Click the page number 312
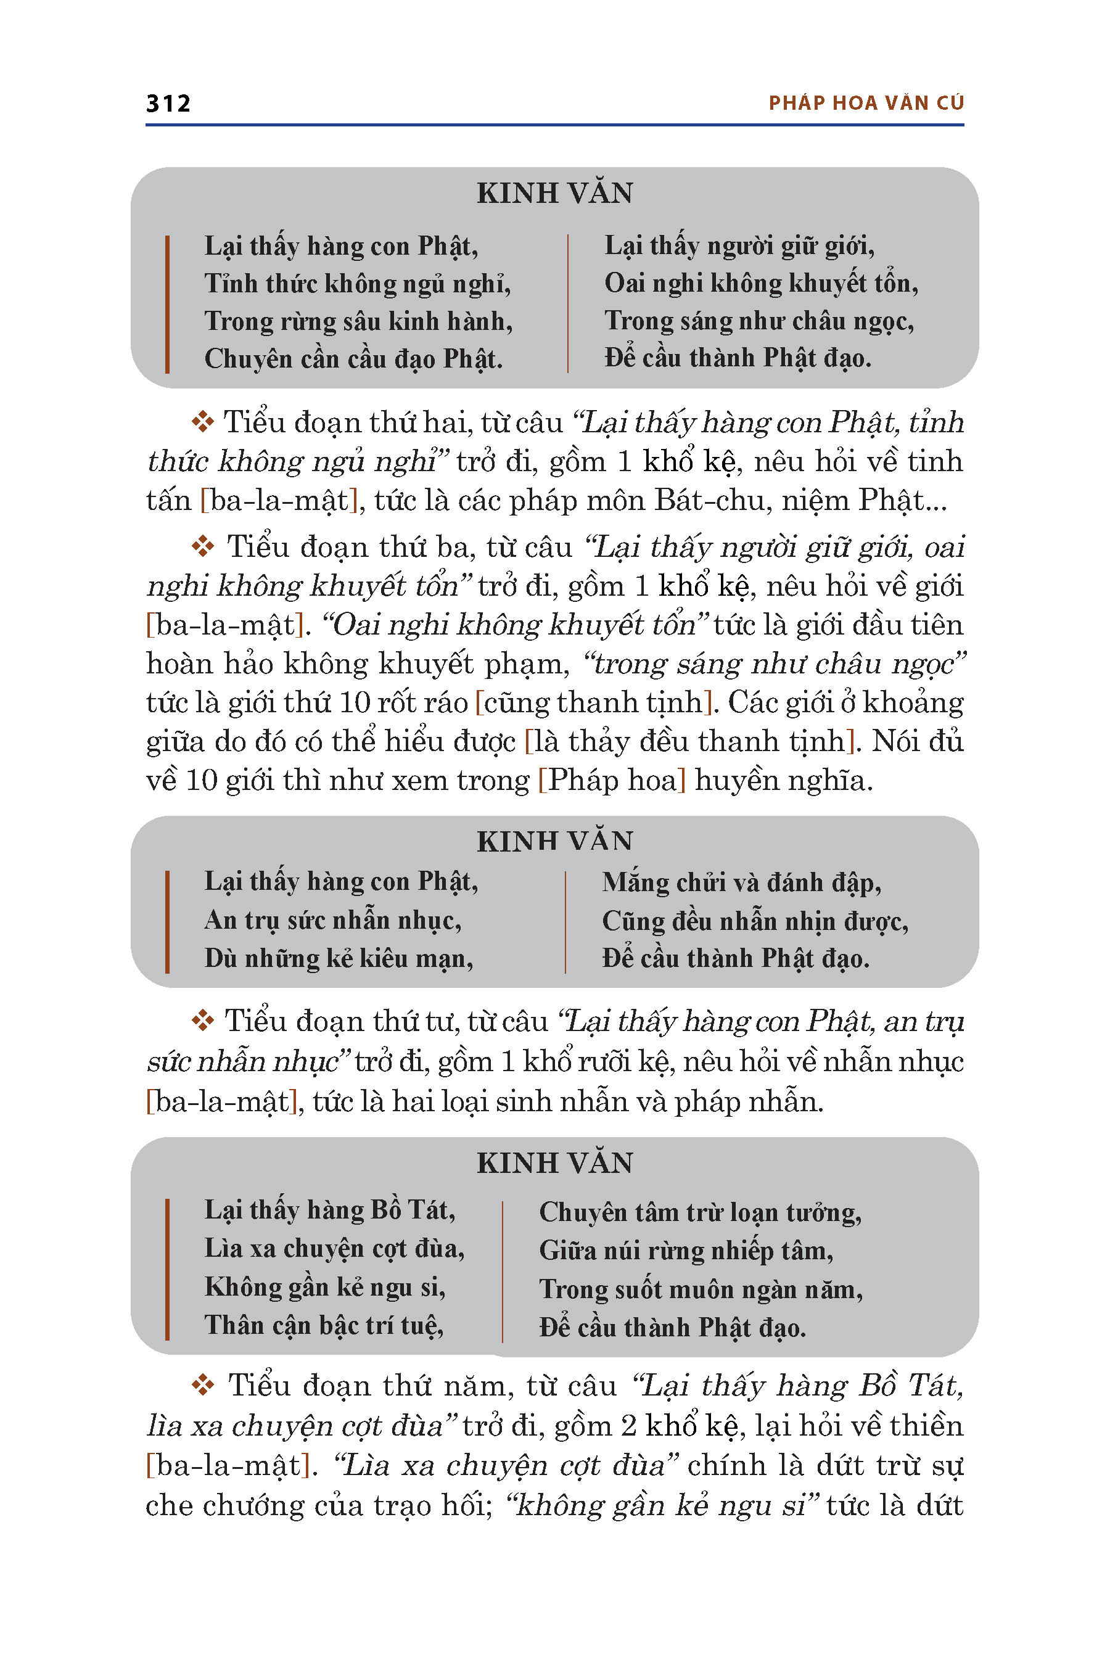pyautogui.click(x=168, y=104)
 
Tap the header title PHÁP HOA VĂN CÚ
pyautogui.click(x=866, y=104)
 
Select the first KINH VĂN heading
pyautogui.click(x=554, y=193)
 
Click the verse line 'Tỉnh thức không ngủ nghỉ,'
pyautogui.click(x=358, y=284)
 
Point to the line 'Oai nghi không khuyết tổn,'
pyautogui.click(x=761, y=283)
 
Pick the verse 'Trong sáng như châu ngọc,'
pyautogui.click(x=759, y=321)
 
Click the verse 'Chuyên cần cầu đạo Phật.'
pyautogui.click(x=353, y=359)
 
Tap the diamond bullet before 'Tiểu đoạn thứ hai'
pyautogui.click(x=202, y=422)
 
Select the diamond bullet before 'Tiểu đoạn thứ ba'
pyautogui.click(x=202, y=546)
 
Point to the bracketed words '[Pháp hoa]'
pyautogui.click(x=612, y=780)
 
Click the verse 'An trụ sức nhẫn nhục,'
pyautogui.click(x=333, y=920)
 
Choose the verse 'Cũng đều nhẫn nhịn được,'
pyautogui.click(x=755, y=921)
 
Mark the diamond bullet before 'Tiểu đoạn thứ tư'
pyautogui.click(x=202, y=1021)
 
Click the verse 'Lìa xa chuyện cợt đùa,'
pyautogui.click(x=334, y=1248)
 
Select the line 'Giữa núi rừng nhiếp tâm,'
pyautogui.click(x=686, y=1251)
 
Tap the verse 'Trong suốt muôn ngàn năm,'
pyautogui.click(x=701, y=1289)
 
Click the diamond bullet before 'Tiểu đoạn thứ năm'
pyautogui.click(x=202, y=1386)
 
